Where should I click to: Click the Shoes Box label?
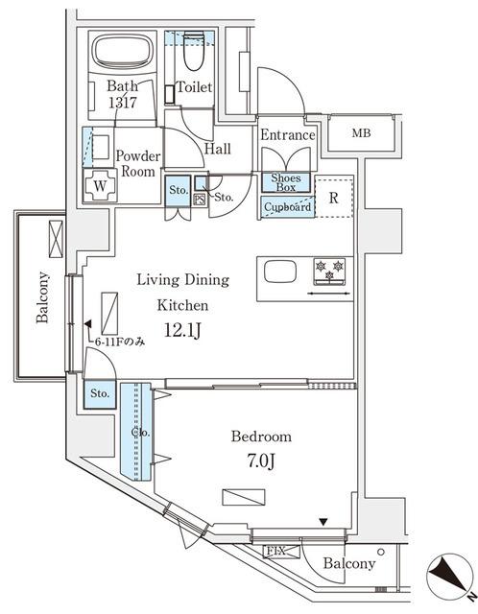[x=286, y=182]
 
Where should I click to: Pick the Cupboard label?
[x=286, y=206]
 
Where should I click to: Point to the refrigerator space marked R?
[x=332, y=200]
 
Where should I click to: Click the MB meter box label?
[x=361, y=133]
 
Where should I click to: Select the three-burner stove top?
[x=329, y=271]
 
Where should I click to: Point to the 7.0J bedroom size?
[x=260, y=460]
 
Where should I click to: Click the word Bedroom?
[x=260, y=437]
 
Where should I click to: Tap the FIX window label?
[x=275, y=551]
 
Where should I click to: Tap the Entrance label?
[x=287, y=135]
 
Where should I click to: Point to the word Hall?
[x=217, y=150]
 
